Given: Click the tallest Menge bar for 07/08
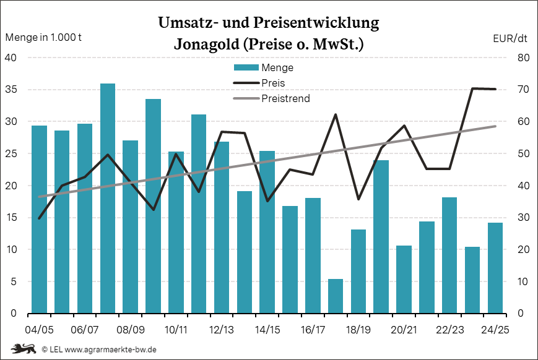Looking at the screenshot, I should point(108,198).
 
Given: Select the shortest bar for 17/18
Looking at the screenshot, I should point(336,296).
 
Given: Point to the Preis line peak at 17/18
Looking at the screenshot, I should point(336,114).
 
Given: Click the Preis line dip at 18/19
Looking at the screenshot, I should point(358,199).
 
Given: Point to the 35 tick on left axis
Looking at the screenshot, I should point(12,90).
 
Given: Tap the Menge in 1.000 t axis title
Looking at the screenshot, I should point(43,38).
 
